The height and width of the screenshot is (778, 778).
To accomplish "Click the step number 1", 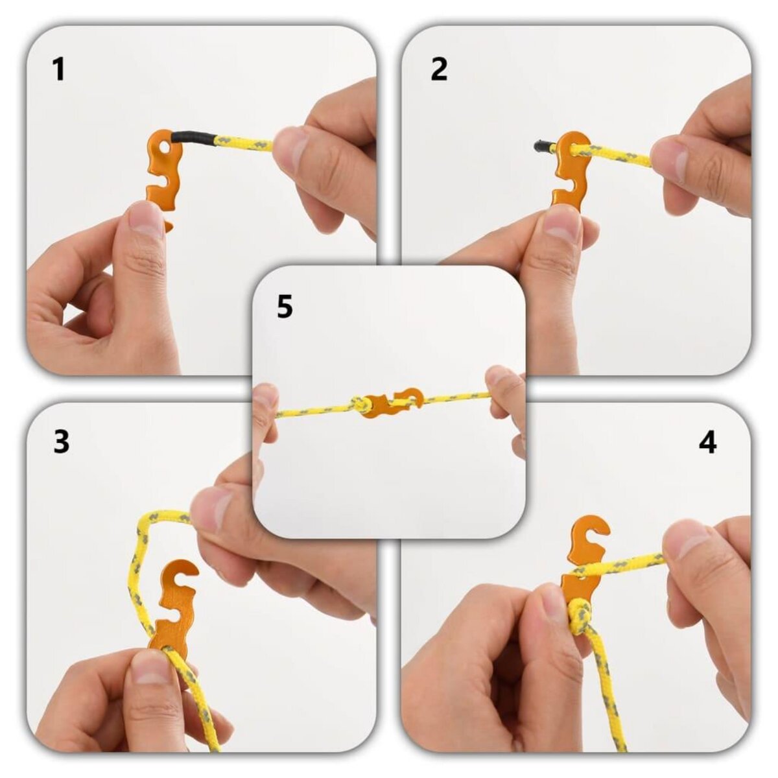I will [59, 69].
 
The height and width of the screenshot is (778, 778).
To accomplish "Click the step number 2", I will [439, 69].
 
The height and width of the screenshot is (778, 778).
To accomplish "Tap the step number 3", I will [61, 442].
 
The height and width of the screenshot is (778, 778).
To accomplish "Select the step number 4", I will [707, 442].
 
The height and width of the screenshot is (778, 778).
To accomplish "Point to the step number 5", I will [285, 307].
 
